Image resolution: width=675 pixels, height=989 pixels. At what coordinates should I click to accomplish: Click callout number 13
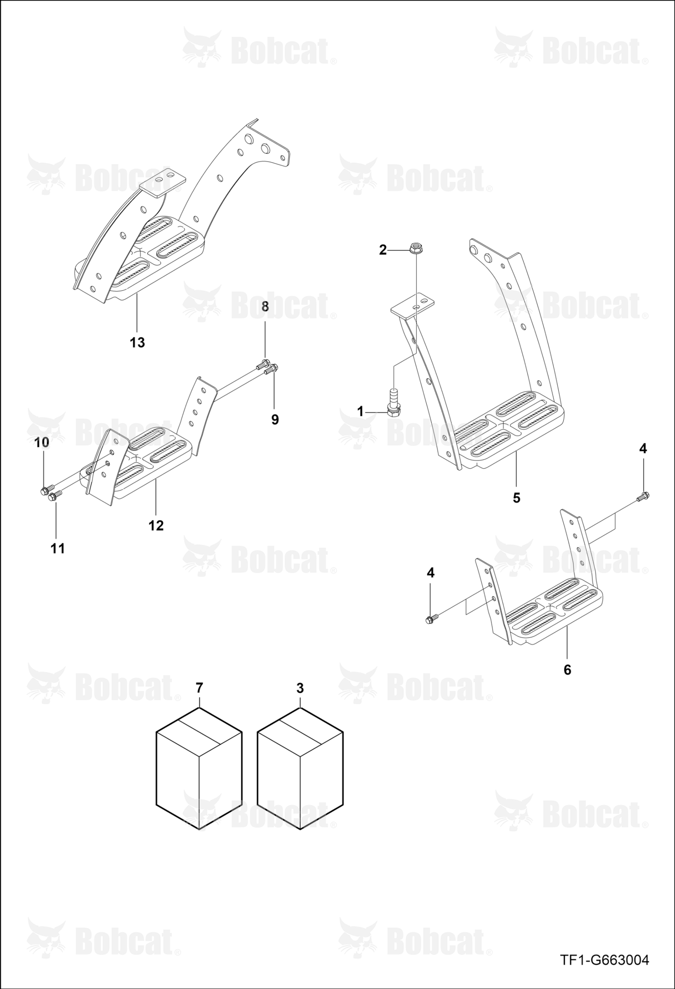(x=137, y=342)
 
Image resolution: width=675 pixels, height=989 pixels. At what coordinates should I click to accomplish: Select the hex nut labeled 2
(x=416, y=248)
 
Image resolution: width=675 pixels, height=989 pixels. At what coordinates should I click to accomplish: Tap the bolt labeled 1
(x=394, y=403)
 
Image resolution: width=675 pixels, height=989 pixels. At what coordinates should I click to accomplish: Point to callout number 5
(x=516, y=498)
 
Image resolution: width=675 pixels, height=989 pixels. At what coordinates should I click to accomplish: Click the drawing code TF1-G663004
(x=604, y=960)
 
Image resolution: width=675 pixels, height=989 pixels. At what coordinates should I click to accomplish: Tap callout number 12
(x=156, y=526)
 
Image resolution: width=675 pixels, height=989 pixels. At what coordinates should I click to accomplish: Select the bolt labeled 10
(x=45, y=491)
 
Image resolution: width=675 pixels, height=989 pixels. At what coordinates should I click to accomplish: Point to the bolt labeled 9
(x=271, y=368)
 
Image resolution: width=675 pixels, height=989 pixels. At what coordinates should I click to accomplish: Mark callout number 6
(x=567, y=670)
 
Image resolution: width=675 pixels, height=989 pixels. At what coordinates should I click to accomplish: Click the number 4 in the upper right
(x=643, y=449)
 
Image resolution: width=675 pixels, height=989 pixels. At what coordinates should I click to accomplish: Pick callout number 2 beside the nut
(x=383, y=250)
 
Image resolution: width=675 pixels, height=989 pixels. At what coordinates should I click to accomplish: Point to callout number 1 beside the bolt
(x=360, y=411)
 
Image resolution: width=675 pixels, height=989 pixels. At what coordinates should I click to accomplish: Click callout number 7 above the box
(x=199, y=688)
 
